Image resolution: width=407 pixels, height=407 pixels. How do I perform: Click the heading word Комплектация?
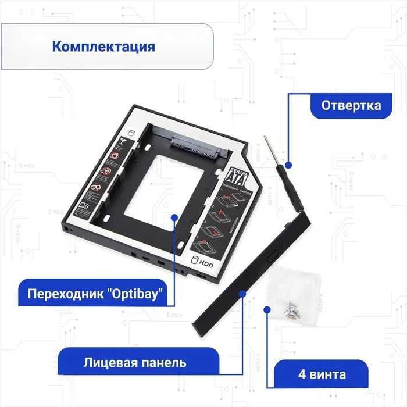point(103,46)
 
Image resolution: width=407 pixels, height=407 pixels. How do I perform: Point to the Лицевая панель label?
point(134,363)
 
